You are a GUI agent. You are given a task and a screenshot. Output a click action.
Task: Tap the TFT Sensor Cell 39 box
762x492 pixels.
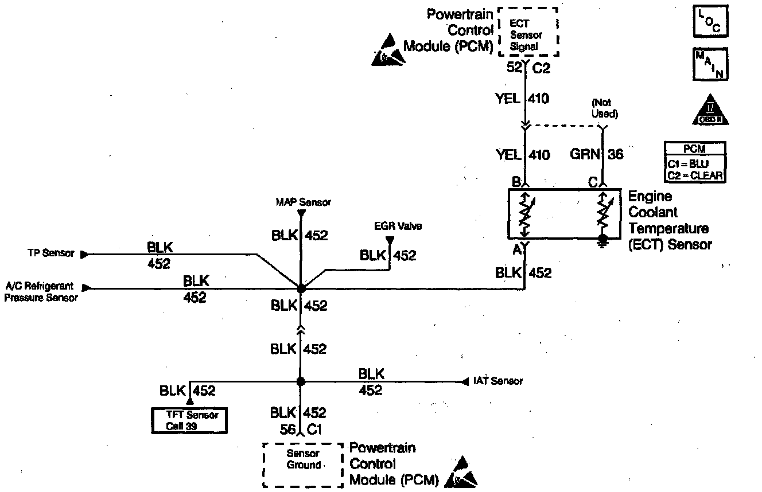(188, 420)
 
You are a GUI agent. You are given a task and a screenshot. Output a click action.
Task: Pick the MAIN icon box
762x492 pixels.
(710, 64)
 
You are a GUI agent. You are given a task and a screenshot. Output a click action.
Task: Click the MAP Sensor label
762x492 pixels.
(303, 202)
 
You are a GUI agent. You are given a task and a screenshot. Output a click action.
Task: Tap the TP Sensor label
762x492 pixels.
(50, 253)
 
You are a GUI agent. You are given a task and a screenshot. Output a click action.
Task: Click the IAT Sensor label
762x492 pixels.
(498, 381)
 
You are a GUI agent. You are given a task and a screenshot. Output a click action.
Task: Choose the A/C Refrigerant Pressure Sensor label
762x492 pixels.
(41, 292)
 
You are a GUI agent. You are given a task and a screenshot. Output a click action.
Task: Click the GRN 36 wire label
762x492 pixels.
(596, 154)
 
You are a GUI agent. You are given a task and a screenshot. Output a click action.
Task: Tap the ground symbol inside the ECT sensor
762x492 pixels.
(603, 240)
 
